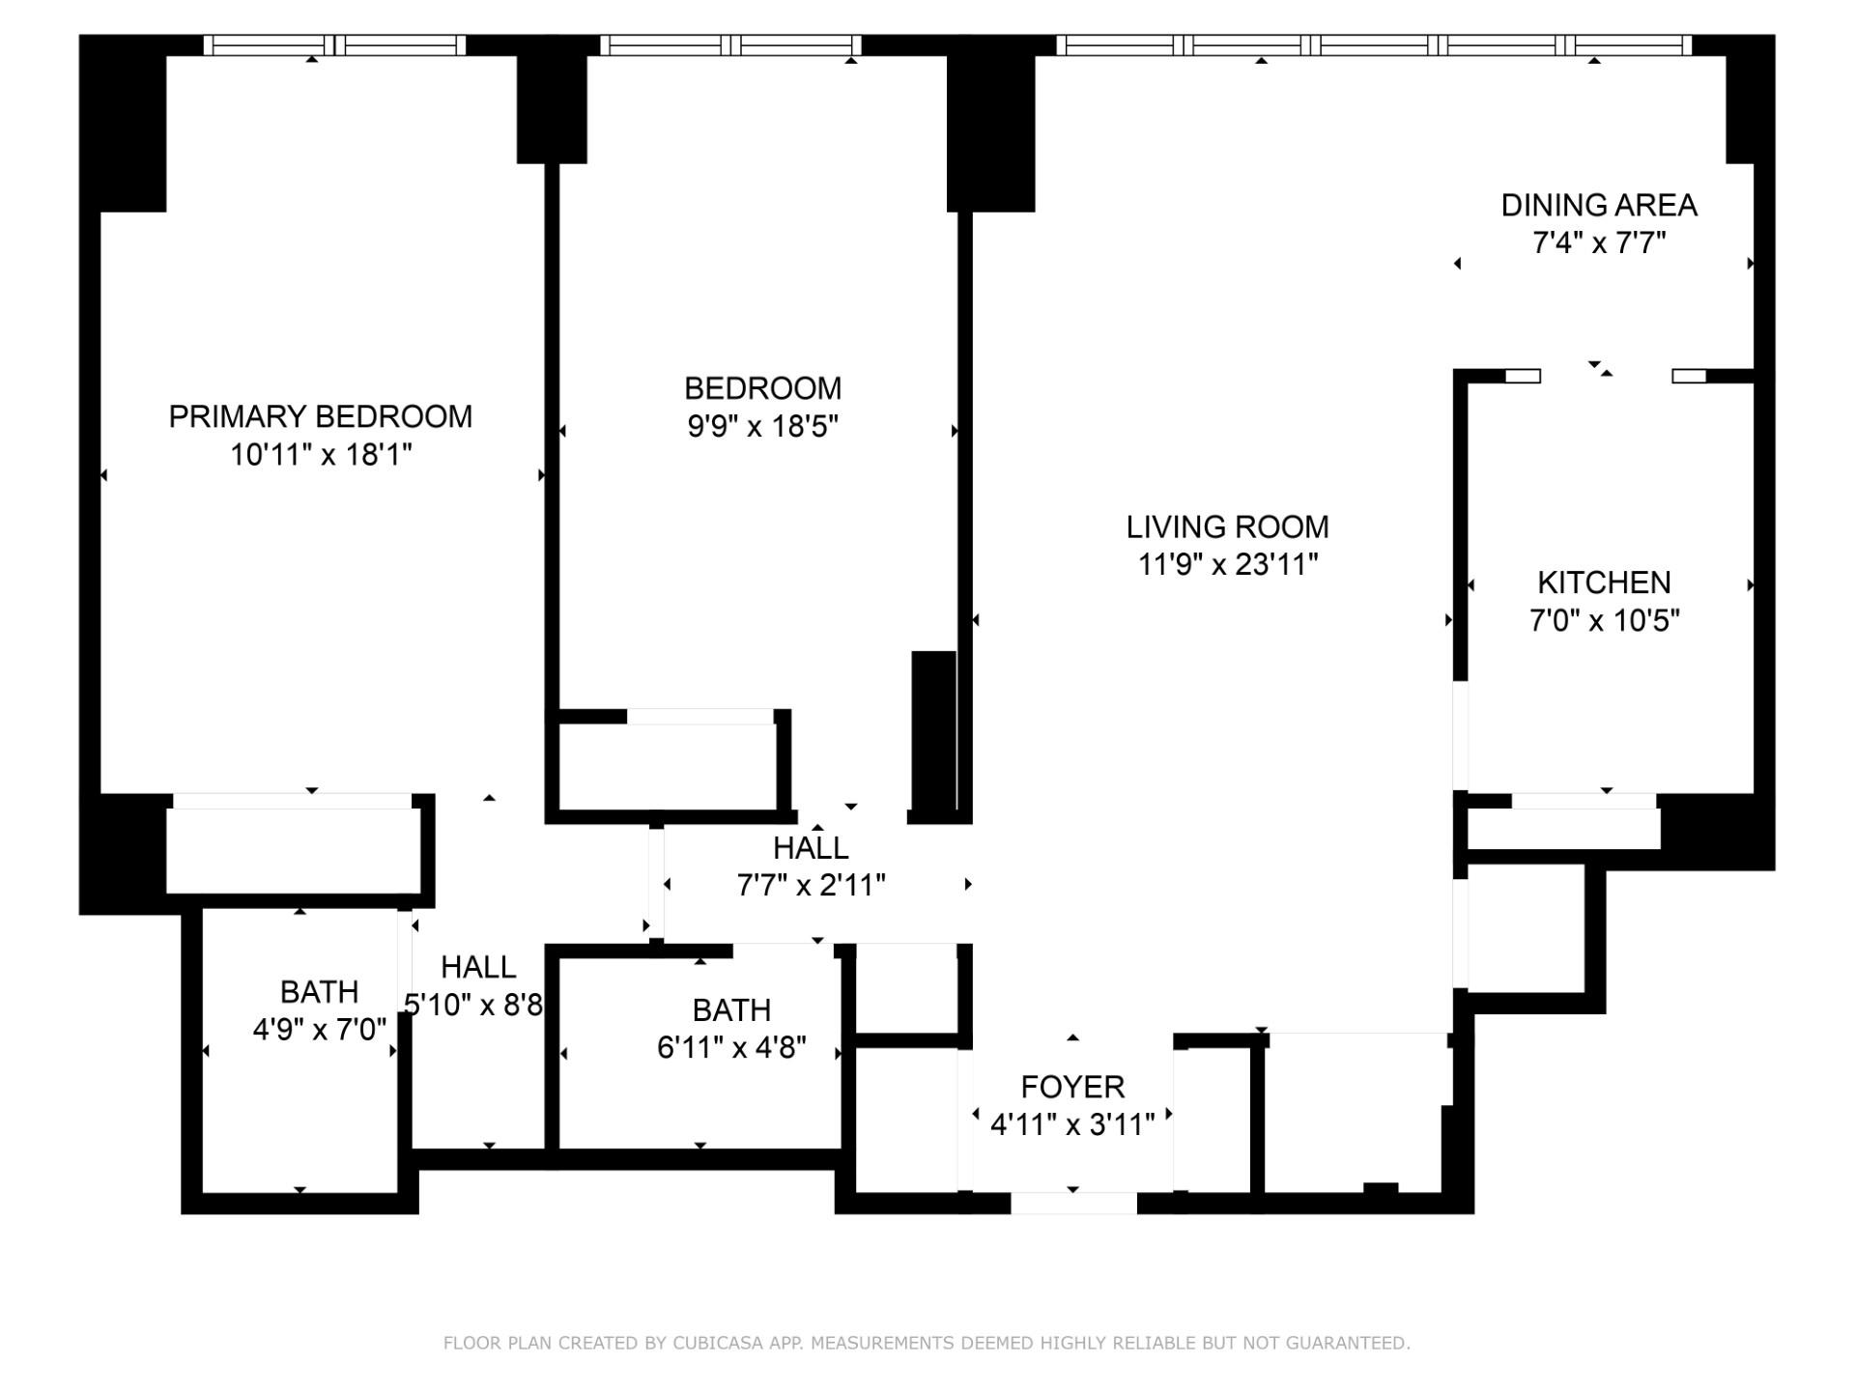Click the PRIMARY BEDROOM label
click(320, 416)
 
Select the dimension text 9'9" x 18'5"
click(762, 426)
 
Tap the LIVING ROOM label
click(1227, 526)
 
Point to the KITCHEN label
click(1604, 582)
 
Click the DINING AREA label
click(1599, 205)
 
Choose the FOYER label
click(1072, 1087)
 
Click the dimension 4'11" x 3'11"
click(1072, 1124)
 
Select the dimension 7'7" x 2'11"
click(811, 885)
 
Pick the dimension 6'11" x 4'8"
click(731, 1047)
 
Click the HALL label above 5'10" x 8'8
click(478, 967)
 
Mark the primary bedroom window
click(334, 45)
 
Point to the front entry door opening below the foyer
click(1073, 1203)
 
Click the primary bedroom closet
click(293, 851)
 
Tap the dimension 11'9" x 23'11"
click(1227, 564)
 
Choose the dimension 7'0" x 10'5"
click(1604, 620)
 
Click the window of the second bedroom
click(730, 45)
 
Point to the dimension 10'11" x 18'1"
click(320, 454)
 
